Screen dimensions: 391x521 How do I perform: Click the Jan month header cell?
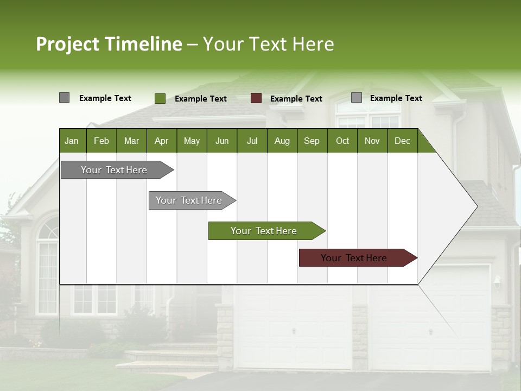[x=72, y=141]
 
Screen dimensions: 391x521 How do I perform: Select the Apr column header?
[x=161, y=141]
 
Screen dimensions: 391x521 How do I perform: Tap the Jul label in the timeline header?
[x=252, y=141]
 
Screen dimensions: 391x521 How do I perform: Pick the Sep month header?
[x=312, y=141]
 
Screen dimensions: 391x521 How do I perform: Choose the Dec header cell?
[x=402, y=141]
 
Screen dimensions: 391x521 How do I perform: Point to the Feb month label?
[x=101, y=141]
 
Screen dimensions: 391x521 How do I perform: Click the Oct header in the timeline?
[x=342, y=141]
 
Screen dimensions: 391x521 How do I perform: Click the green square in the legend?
[x=160, y=98]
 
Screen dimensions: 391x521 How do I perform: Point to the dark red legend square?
[x=256, y=98]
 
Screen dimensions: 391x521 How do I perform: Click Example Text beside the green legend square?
[x=201, y=99]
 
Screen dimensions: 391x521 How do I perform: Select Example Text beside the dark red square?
[x=296, y=99]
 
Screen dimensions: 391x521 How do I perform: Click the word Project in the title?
[x=68, y=44]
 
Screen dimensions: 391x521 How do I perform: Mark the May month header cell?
[x=192, y=141]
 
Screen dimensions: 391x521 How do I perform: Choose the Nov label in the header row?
[x=372, y=141]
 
